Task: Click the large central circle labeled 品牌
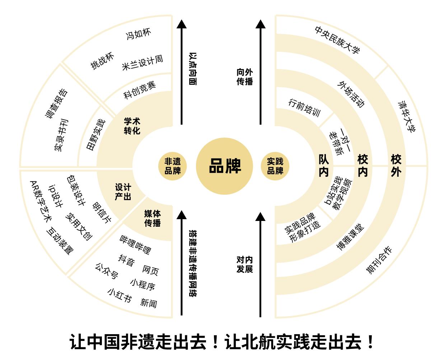click(x=225, y=166)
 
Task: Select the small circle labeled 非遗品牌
click(x=173, y=166)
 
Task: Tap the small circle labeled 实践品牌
click(x=275, y=166)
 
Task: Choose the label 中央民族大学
click(x=337, y=40)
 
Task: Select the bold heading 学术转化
click(x=132, y=126)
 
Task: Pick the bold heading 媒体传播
click(x=153, y=218)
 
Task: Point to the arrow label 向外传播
click(x=245, y=77)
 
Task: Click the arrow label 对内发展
click(x=245, y=264)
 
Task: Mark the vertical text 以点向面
click(x=193, y=69)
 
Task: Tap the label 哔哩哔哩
click(x=135, y=244)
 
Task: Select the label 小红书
click(x=120, y=295)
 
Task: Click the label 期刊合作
click(x=379, y=260)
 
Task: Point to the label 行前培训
click(x=304, y=107)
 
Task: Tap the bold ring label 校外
click(x=396, y=166)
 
